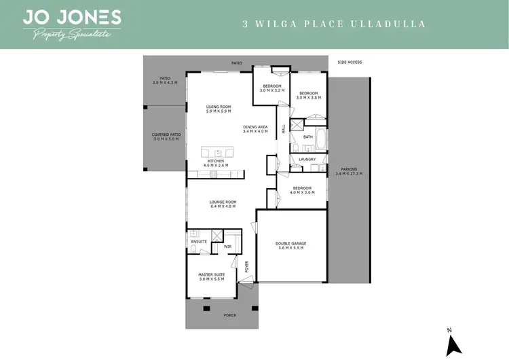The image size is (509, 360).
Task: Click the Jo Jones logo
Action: [72, 24]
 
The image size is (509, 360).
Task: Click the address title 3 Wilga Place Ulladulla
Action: [334, 24]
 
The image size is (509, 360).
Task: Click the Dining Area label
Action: [256, 128]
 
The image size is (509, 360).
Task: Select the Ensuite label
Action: [199, 241]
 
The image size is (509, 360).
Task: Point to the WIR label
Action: [228, 247]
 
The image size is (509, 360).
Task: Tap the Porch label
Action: [222, 314]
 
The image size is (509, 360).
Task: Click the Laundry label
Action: [307, 160]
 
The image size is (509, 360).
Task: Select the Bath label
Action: [308, 137]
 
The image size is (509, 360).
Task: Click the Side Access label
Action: [350, 62]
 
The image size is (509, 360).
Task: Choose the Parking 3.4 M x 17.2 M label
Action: [349, 172]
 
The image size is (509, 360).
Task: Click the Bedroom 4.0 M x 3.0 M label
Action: [301, 190]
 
